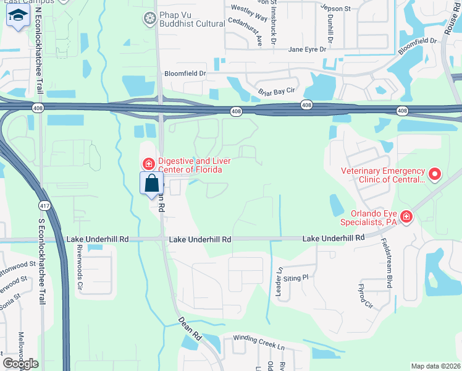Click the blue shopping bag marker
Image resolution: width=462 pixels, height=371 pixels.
tap(152, 184)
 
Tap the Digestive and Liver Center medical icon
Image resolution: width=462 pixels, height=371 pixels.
tap(148, 164)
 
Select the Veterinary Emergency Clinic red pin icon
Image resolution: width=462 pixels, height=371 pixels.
tap(434, 175)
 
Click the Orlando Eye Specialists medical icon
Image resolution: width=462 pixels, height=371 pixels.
tap(406, 216)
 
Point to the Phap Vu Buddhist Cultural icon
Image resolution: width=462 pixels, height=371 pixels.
tap(148, 19)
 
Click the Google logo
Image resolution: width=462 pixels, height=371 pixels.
tap(20, 364)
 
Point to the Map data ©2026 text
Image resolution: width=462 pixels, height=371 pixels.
tap(435, 366)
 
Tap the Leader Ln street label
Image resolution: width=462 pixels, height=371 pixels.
tap(279, 281)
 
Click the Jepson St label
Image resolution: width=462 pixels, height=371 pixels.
tap(335, 9)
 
